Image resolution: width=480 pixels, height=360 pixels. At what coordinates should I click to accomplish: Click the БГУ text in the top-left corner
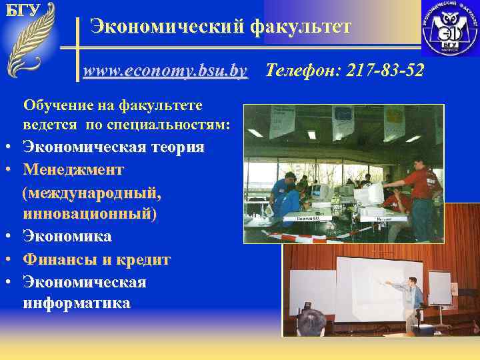tap(22, 10)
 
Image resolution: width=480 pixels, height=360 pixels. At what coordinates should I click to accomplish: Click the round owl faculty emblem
tap(449, 29)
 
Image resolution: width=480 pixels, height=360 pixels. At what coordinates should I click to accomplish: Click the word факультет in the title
tap(300, 27)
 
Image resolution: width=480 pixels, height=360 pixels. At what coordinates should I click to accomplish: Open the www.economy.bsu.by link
tap(165, 70)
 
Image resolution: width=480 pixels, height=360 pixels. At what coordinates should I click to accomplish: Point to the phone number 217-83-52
tap(383, 70)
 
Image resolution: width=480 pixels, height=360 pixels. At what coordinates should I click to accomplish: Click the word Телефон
tap(300, 70)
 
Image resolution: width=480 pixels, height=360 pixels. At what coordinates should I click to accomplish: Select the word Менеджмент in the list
tap(73, 169)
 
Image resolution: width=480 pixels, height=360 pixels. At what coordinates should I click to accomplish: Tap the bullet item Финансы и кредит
tap(97, 259)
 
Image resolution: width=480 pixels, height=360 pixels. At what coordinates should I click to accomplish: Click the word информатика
tap(77, 303)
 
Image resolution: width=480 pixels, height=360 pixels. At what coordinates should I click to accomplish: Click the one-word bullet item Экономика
tap(67, 237)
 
